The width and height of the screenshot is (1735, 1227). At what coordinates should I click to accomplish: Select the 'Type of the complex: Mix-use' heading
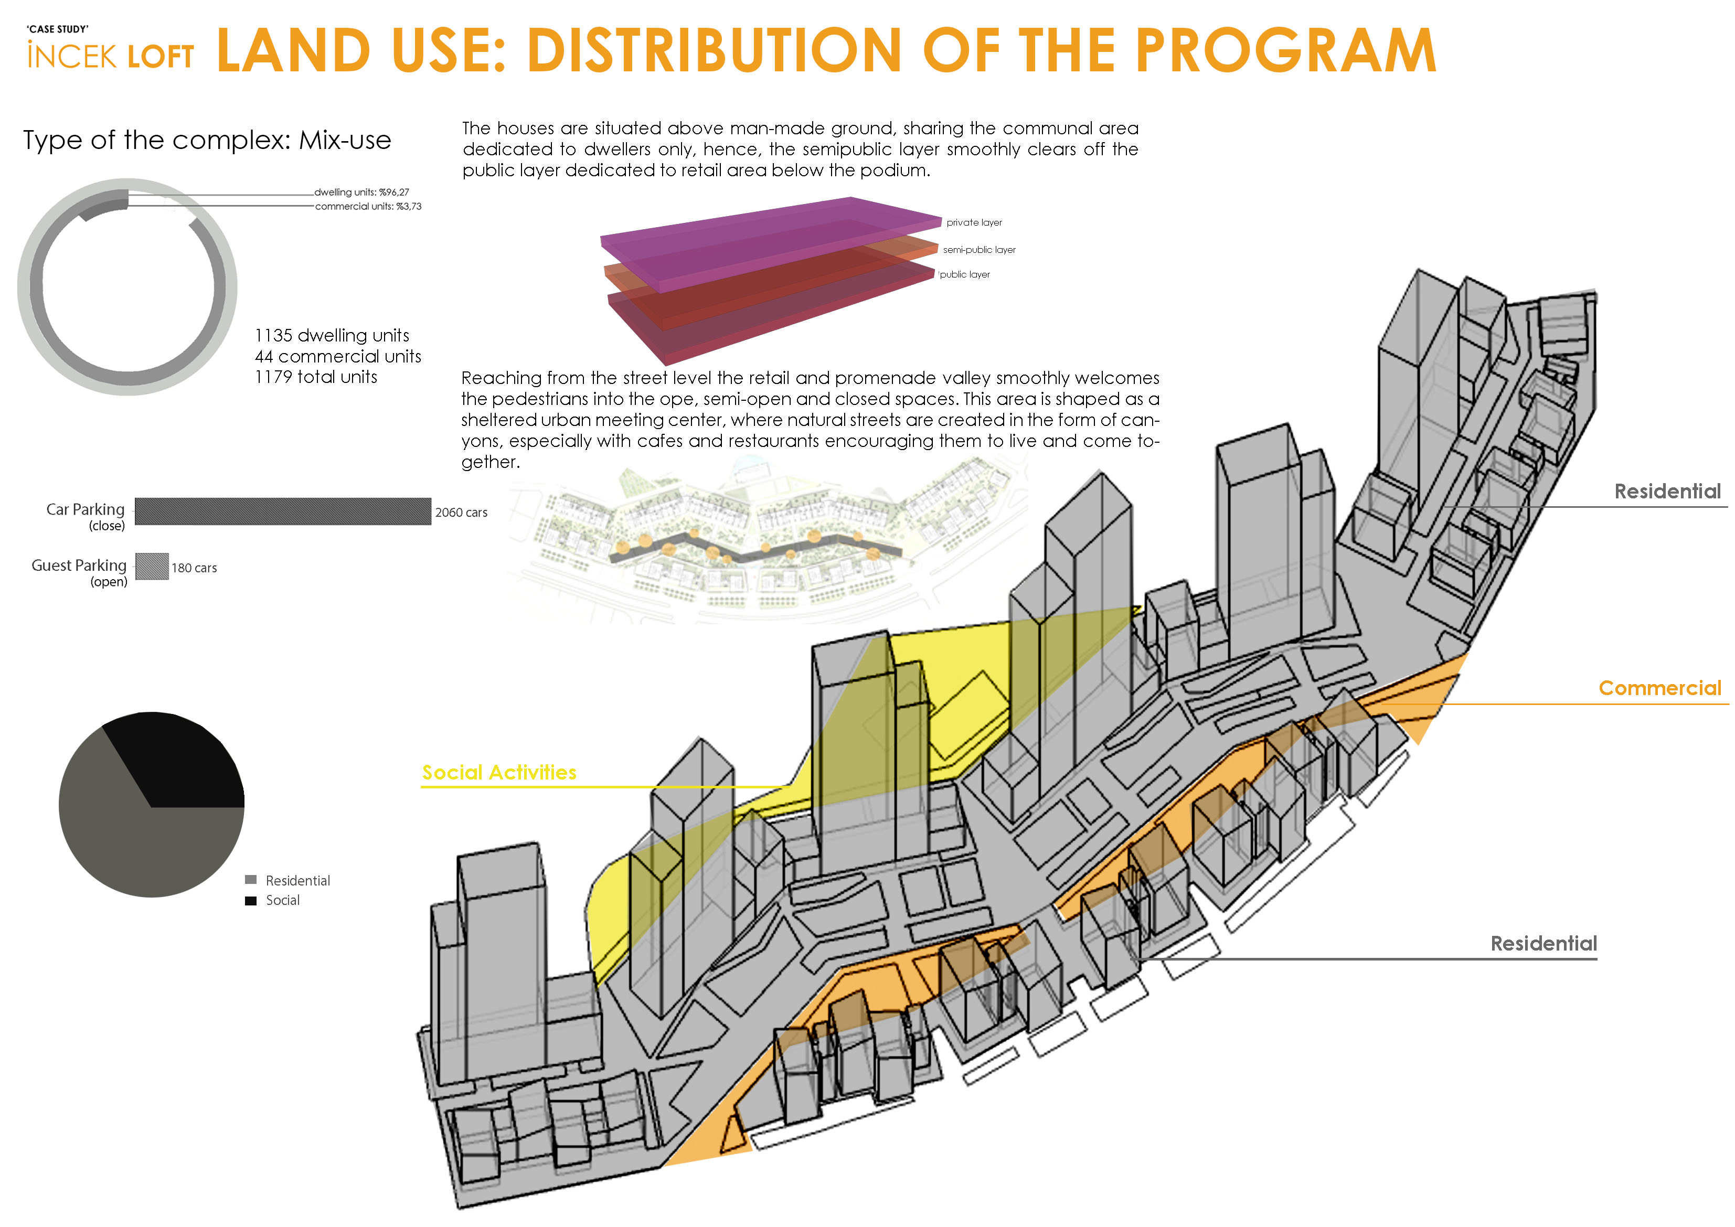207,141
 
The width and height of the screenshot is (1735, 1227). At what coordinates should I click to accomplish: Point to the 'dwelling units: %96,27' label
362,192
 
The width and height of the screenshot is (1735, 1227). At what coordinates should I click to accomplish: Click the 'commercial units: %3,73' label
368,206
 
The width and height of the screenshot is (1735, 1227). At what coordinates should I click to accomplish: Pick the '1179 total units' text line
316,377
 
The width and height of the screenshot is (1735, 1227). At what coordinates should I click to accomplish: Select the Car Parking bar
283,511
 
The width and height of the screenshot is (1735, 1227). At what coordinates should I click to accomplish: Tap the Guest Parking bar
152,567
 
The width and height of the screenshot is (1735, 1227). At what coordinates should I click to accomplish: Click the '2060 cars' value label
461,513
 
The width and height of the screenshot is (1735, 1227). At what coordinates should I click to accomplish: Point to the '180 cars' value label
194,568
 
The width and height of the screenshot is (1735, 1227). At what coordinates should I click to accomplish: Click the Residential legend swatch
251,879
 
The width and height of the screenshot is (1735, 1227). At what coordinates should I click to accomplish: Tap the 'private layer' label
974,223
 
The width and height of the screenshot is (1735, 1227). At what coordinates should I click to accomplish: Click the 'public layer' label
964,275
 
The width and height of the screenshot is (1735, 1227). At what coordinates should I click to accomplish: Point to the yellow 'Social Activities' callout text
499,772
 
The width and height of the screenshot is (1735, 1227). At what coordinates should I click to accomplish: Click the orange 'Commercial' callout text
1659,688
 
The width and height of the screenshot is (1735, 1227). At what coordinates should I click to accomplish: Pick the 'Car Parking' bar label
86,510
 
